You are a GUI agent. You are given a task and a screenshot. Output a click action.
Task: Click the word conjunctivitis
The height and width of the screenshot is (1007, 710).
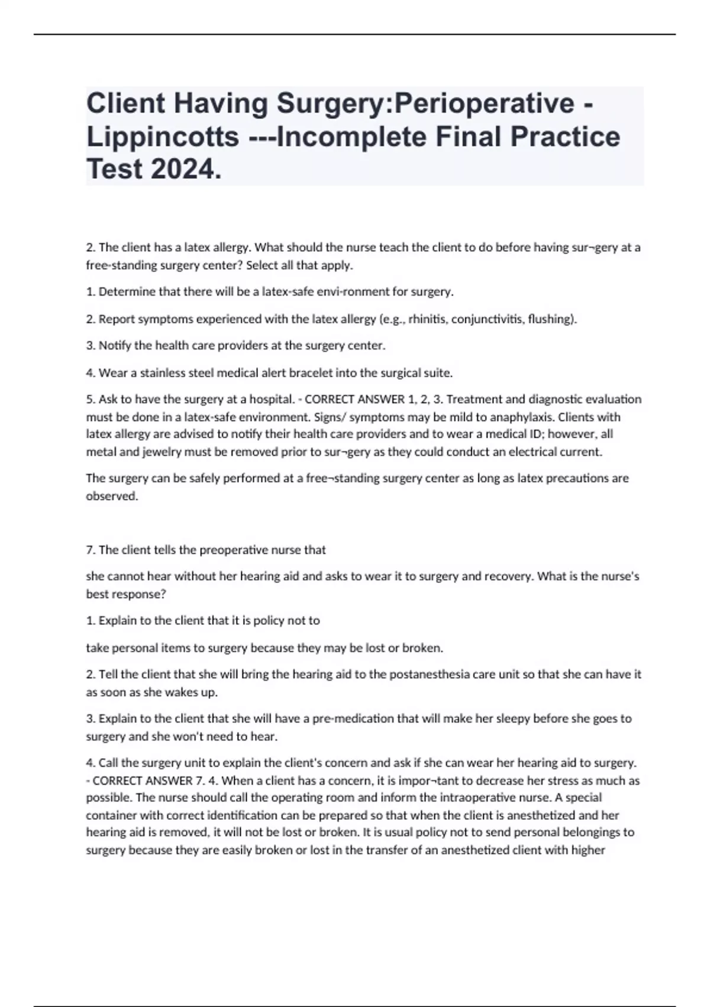tap(486, 319)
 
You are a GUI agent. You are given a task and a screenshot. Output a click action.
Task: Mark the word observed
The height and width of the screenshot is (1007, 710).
tap(112, 496)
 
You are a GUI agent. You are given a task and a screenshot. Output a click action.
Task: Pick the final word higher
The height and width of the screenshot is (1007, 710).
tap(588, 850)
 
